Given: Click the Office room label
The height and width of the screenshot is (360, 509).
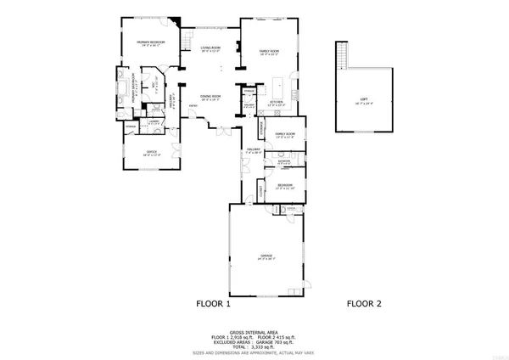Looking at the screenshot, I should point(150,155).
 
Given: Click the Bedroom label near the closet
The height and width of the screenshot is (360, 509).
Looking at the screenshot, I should point(286,186).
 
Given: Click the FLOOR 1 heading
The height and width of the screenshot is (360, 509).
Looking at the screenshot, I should point(214,303).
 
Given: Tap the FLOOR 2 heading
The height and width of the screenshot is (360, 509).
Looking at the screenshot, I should point(365,303).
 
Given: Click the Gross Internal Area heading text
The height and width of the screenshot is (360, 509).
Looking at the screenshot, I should point(254,332).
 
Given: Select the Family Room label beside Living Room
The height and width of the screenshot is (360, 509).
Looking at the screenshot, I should point(269,53).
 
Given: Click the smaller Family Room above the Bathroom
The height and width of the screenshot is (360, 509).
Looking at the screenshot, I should point(284,135).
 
